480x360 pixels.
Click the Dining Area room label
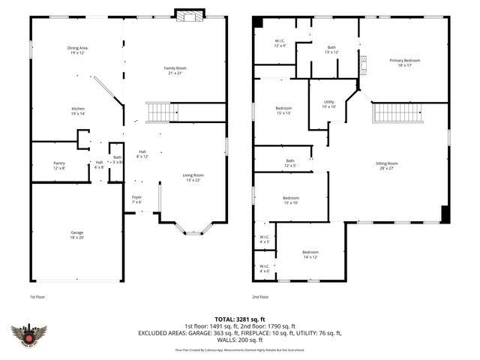[78, 50]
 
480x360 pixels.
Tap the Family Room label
[175, 70]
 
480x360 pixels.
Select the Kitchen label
[78, 110]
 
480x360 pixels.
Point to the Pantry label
[59, 165]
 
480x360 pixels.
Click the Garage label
[77, 235]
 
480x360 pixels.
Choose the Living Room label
[193, 178]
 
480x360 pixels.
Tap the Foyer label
[136, 199]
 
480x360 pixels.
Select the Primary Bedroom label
[404, 62]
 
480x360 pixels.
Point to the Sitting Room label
[387, 166]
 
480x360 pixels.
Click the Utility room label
[328, 104]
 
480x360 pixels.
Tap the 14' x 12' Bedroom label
[310, 254]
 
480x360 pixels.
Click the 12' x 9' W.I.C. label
[280, 43]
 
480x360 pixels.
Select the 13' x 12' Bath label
[331, 49]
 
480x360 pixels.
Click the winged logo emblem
[28, 335]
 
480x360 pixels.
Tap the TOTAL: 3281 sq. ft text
[239, 319]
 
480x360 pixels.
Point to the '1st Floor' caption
[37, 297]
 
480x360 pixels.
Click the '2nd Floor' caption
[261, 297]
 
